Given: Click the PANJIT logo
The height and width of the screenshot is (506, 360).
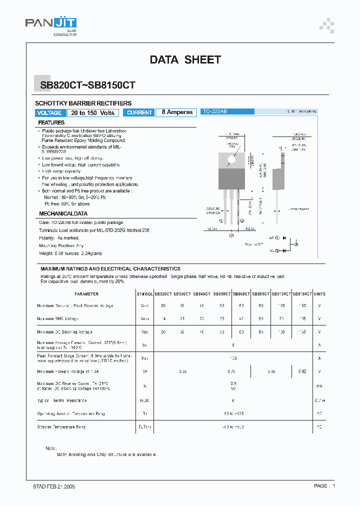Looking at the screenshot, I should [50, 25].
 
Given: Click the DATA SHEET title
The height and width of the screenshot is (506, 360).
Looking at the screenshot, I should [185, 59].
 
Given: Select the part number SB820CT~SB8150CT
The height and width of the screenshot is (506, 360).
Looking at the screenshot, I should [87, 85].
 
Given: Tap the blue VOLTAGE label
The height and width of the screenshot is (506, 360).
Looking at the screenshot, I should [49, 113].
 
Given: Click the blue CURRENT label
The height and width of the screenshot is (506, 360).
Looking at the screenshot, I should [139, 113].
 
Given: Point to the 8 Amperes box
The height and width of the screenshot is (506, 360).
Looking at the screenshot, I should [177, 112].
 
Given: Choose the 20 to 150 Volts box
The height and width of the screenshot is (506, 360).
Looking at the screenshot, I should [93, 113].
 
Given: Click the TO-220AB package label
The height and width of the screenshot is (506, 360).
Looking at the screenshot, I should [214, 112].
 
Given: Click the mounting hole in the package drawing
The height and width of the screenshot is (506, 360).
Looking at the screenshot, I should [231, 161].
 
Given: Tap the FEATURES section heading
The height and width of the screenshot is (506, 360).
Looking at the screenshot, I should [51, 122].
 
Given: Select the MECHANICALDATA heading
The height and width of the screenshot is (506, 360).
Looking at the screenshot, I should [63, 213].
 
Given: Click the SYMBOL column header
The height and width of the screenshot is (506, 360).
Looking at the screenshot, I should [144, 294].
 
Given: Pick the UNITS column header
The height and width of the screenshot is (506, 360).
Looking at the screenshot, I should [319, 294].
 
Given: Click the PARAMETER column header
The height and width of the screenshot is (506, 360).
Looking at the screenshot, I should [86, 294].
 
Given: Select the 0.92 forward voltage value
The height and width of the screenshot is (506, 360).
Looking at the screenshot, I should [302, 371].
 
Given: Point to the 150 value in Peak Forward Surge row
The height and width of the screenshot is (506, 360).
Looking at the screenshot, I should [233, 358].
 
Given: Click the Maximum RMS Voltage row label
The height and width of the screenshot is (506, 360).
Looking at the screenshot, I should [57, 318].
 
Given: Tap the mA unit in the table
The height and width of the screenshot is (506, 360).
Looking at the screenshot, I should [319, 385].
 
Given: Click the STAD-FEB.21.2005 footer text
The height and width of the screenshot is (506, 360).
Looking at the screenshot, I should [50, 486].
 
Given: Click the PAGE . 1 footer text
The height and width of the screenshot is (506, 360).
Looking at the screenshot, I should [324, 486].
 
